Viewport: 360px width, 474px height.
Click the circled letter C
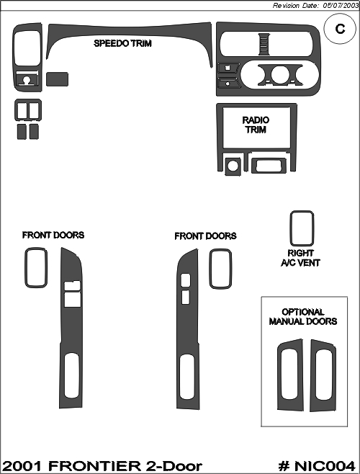click(340, 29)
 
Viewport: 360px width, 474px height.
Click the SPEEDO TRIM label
click(122, 43)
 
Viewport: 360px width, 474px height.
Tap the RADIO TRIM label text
click(256, 125)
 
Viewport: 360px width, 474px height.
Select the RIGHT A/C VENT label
click(300, 258)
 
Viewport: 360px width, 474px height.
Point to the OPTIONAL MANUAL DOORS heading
click(303, 316)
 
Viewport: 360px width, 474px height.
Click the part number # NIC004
click(317, 466)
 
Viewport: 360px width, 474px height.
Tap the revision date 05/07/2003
click(341, 6)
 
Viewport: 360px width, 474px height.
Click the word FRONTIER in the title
click(94, 466)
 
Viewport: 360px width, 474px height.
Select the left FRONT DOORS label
click(53, 235)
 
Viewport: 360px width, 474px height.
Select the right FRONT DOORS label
click(205, 236)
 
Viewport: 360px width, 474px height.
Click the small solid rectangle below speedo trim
click(57, 79)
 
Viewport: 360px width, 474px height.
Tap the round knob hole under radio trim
click(233, 166)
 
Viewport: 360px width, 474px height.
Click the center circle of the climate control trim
click(279, 75)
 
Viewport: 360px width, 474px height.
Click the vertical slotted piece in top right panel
click(264, 44)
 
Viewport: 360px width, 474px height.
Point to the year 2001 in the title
click(22, 466)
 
